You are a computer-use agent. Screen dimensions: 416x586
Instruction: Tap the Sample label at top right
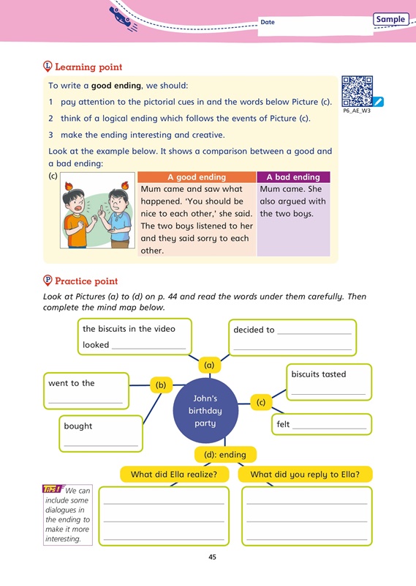click(390, 19)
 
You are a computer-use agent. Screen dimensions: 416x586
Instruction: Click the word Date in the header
click(268, 22)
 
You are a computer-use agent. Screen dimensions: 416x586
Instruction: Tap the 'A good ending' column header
click(197, 177)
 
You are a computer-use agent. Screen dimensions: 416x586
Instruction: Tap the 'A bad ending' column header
click(293, 177)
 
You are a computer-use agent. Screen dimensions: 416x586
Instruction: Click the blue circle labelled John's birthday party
click(205, 409)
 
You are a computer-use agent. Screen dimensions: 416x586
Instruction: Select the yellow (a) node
click(208, 364)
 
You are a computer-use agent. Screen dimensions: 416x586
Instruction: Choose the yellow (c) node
click(261, 401)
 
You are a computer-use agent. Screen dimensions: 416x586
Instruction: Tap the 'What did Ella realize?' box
click(173, 474)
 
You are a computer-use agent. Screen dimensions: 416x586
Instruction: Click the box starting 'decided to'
click(292, 338)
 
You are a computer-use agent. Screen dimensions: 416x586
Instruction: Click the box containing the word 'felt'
click(322, 424)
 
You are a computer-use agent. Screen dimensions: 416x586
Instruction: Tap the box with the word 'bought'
click(100, 434)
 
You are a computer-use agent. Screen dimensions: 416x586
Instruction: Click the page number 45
click(212, 557)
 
